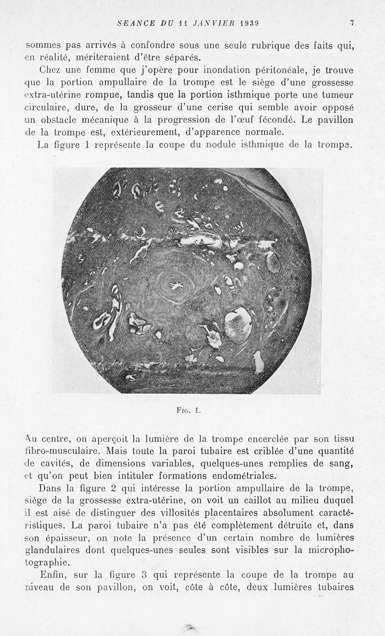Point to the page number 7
click(352, 23)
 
